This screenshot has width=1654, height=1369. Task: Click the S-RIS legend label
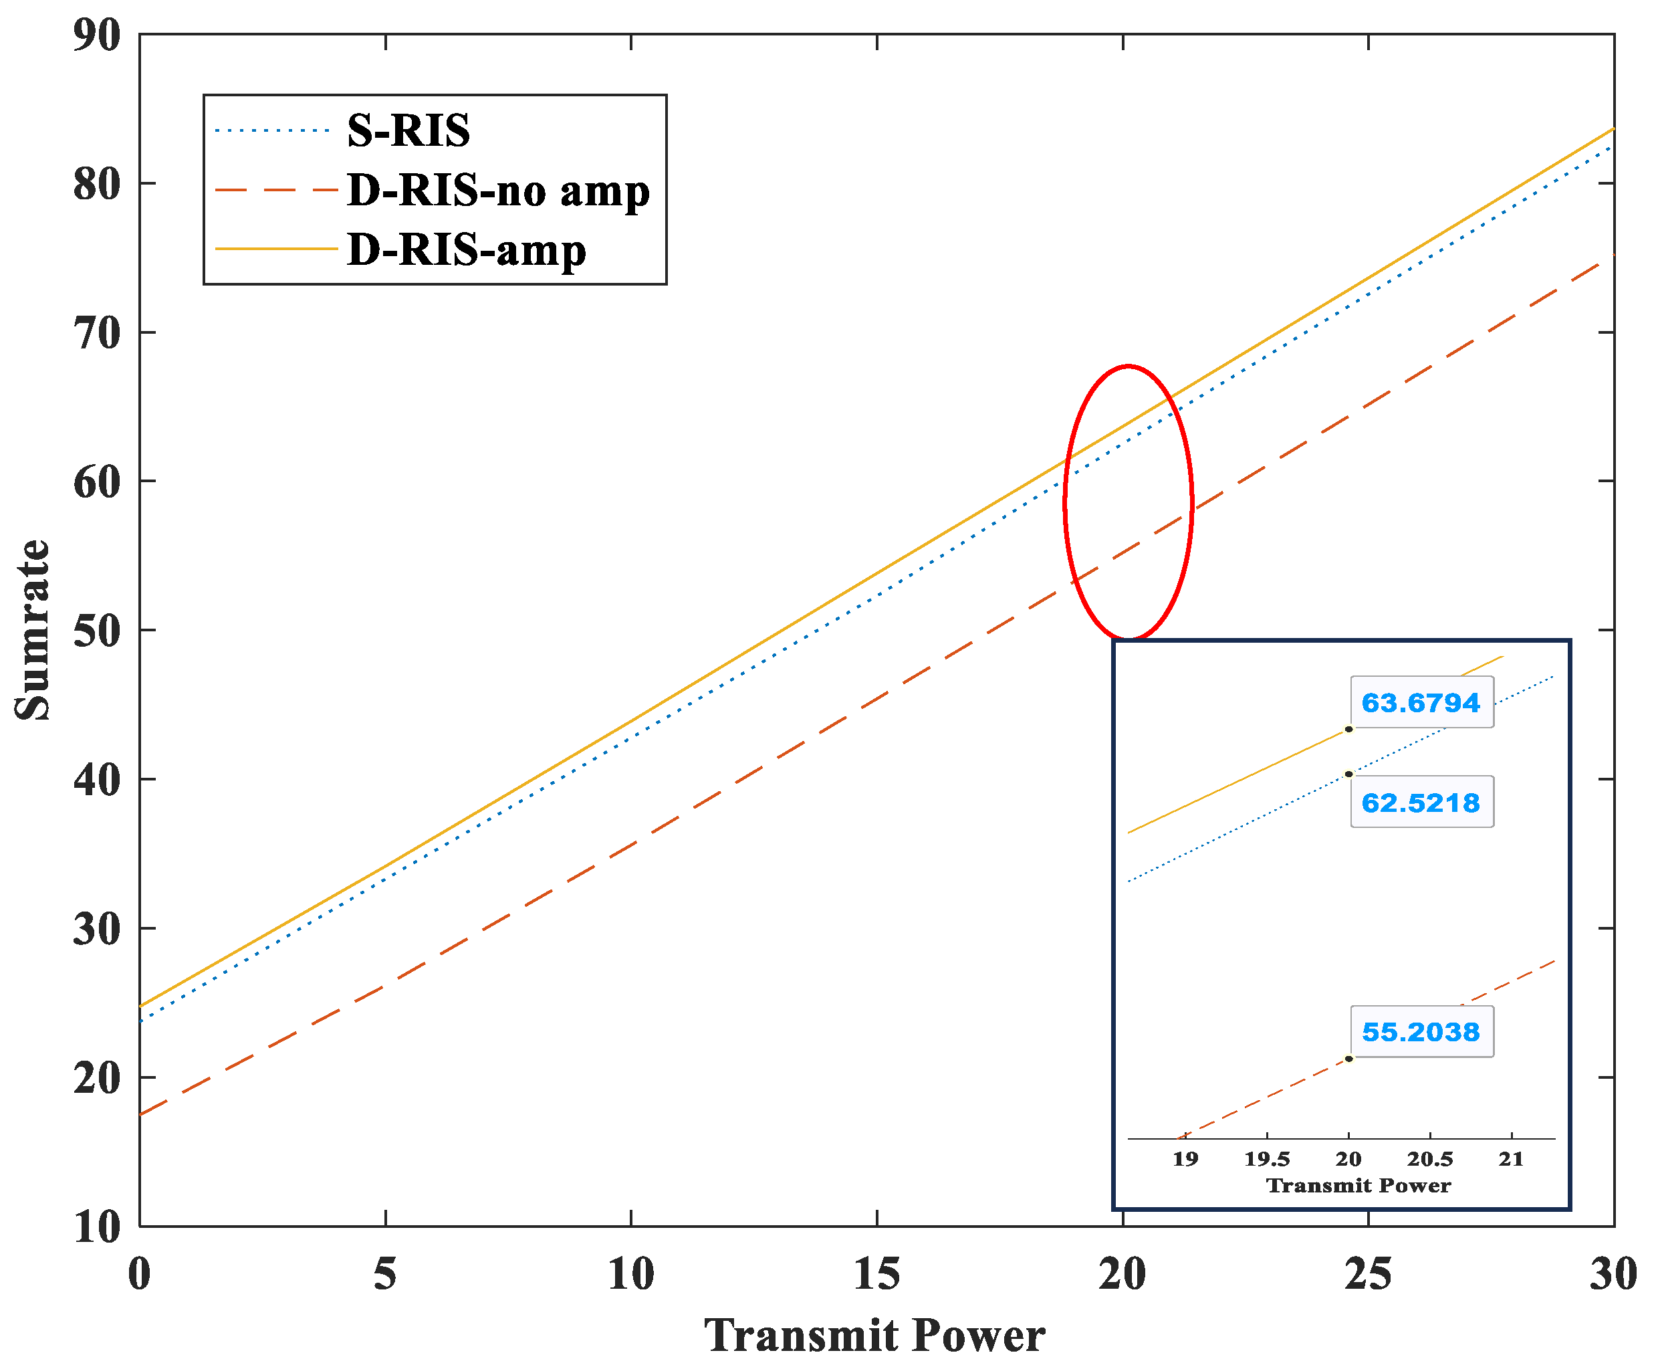click(x=408, y=131)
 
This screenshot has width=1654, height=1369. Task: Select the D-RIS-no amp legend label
click(x=498, y=191)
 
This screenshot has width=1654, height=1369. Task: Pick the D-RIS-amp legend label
click(x=466, y=251)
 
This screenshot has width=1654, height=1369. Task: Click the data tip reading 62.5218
click(x=1421, y=803)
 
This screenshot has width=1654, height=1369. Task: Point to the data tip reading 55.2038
click(x=1421, y=1032)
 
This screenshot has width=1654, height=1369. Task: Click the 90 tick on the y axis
click(x=97, y=35)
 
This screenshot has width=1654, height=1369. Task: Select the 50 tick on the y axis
click(x=97, y=631)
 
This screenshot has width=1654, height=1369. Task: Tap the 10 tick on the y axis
click(x=97, y=1227)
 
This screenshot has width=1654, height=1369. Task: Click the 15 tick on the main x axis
click(x=876, y=1273)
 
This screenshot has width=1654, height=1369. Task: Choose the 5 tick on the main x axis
click(x=385, y=1273)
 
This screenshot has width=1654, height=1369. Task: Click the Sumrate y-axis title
click(x=33, y=630)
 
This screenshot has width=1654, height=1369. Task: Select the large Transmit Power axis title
click(x=874, y=1335)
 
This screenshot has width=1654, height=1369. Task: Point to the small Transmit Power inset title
click(x=1358, y=1186)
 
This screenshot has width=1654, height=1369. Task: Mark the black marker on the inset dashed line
click(x=1348, y=1059)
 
